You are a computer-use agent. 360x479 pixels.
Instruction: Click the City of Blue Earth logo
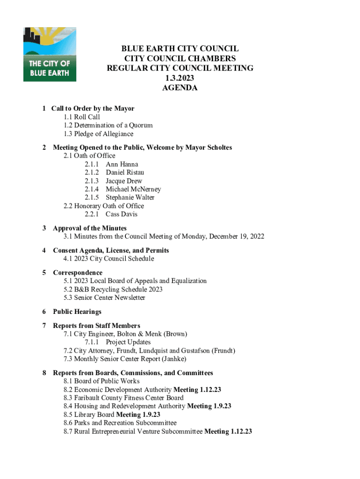click(x=50, y=54)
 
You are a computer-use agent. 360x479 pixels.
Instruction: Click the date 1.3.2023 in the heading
click(x=180, y=78)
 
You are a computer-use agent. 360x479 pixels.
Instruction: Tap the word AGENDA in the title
click(x=180, y=88)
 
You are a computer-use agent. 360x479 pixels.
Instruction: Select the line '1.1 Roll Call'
click(x=82, y=117)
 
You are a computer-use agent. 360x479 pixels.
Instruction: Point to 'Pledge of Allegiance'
click(x=103, y=134)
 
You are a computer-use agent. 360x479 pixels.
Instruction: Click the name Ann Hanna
click(x=122, y=164)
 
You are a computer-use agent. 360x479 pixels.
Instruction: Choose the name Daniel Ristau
click(x=125, y=173)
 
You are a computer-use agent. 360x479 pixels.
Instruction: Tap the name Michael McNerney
click(x=133, y=189)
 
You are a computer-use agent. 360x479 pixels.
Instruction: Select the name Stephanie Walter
click(x=130, y=197)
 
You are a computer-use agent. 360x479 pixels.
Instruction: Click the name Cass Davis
click(x=122, y=214)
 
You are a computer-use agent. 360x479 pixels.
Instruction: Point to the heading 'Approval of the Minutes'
click(x=90, y=228)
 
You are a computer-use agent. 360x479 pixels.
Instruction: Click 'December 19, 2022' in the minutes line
click(x=236, y=237)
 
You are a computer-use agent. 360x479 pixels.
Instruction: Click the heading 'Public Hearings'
click(x=77, y=312)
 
